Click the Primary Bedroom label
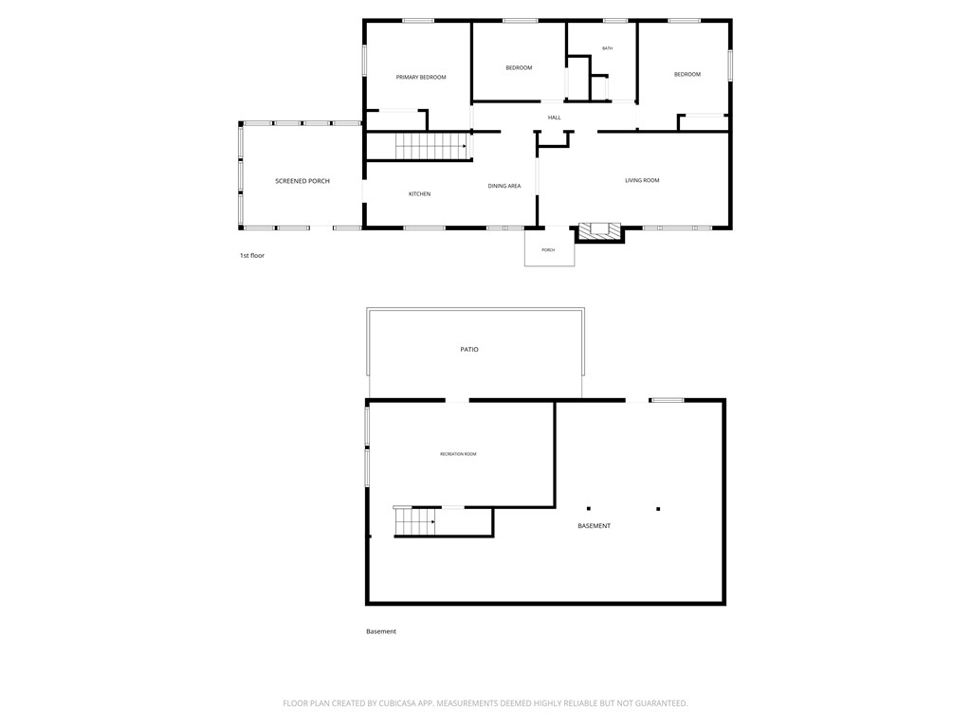420,77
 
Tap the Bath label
607,48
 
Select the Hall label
554,118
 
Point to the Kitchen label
419,194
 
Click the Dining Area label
504,186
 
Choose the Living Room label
642,180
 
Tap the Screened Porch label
302,180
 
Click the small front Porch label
548,250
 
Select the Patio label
469,350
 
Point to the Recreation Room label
458,454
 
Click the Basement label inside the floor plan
595,526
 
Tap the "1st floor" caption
252,255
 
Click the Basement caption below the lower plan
381,631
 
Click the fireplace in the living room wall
599,229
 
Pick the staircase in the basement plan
414,521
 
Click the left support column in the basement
588,509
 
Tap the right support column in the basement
658,509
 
